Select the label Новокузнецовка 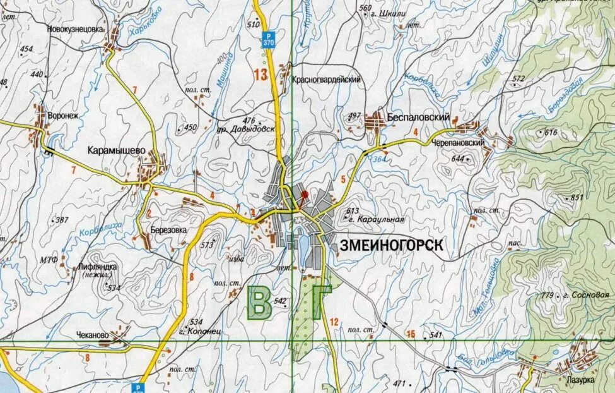click(74, 29)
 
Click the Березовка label click(169, 230)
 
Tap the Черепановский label click(459, 144)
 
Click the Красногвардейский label click(326, 80)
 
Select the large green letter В click(259, 303)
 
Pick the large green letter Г click(320, 302)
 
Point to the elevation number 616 click(551, 133)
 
